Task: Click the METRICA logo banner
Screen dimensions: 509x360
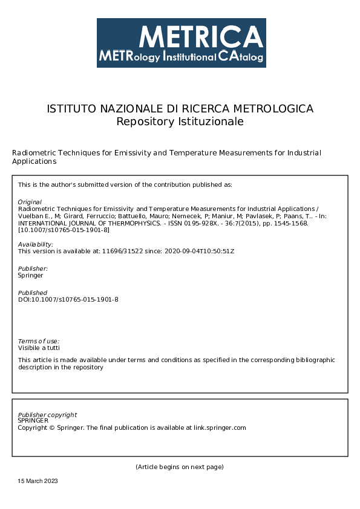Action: [x=181, y=42]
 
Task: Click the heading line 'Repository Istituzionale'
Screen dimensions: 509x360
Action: [x=180, y=122]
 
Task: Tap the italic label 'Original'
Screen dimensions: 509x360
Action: [x=30, y=202]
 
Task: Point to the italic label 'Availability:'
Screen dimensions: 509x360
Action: [x=36, y=244]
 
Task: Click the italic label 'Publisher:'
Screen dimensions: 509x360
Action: [x=33, y=268]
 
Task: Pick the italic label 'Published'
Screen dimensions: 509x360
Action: [x=33, y=293]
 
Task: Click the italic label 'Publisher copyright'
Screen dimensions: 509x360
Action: [x=47, y=415]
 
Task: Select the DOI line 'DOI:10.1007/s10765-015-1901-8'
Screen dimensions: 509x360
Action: [x=68, y=299]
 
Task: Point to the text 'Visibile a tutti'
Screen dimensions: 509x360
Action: [x=39, y=348]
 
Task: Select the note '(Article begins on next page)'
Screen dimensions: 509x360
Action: [x=180, y=467]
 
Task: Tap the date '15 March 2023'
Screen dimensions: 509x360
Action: [x=38, y=481]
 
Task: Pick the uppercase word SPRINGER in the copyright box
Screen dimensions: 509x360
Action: [x=33, y=420]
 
